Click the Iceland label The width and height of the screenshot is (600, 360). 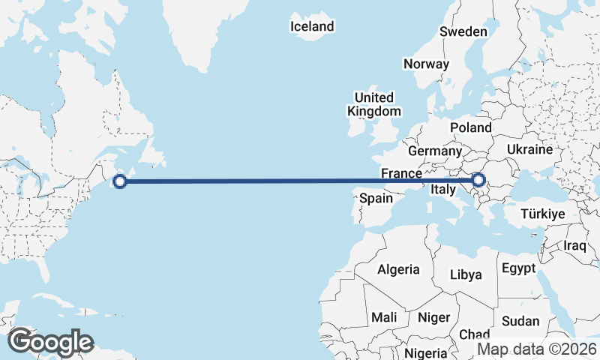point(312,27)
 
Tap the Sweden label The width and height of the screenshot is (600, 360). point(463,31)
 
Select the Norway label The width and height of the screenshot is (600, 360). point(426,64)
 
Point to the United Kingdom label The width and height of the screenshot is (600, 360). point(373,104)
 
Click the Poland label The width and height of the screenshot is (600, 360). point(470,128)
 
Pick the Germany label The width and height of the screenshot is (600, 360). point(435,151)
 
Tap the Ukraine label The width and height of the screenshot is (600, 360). point(529,150)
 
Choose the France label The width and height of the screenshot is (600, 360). point(401,173)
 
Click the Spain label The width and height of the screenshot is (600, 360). point(376,199)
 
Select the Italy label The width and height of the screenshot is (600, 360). point(442,190)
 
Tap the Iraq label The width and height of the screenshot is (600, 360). point(576,245)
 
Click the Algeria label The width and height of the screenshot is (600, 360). point(399,269)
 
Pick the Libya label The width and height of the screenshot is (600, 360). point(465,274)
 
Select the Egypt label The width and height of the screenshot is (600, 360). point(518,268)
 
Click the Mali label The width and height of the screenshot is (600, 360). point(384,317)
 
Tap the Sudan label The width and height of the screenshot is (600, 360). point(520,321)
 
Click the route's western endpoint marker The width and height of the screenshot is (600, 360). point(119,180)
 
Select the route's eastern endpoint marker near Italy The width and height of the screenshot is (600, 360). point(478,180)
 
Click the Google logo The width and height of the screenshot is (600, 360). point(51,342)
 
